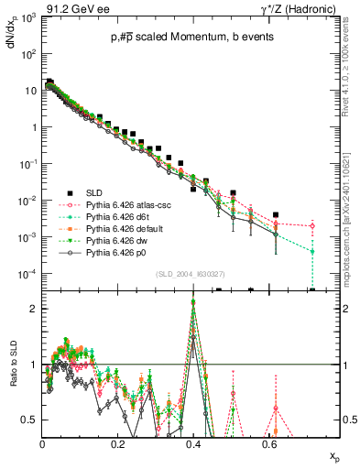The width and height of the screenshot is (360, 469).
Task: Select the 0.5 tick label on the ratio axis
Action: pos(29,420)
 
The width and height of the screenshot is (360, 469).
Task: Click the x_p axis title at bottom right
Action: pos(335,456)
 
